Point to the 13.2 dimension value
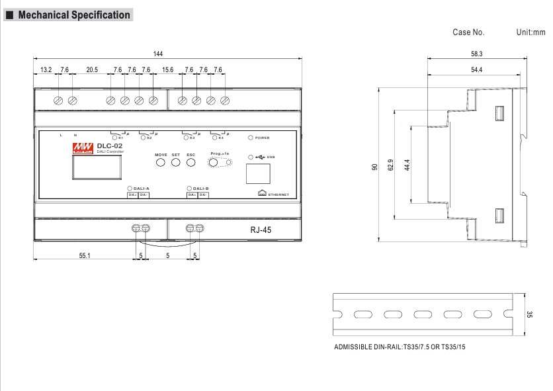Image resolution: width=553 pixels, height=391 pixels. coord(46,70)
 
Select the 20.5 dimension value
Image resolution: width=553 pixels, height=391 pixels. coord(91,70)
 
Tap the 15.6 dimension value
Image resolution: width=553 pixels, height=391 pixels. coord(168,70)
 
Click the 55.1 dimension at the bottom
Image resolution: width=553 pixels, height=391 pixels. coord(85,255)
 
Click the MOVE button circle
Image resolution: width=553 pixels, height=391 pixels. coord(161,163)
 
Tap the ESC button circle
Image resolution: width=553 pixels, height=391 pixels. coord(191,163)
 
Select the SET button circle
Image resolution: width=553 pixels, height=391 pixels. coord(176,163)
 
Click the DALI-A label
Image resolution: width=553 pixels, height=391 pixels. coord(142,188)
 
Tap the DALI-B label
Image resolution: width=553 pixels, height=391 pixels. coord(201,188)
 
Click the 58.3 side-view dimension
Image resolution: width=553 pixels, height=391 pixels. coord(476,54)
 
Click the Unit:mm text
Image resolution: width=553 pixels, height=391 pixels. coord(531,32)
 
